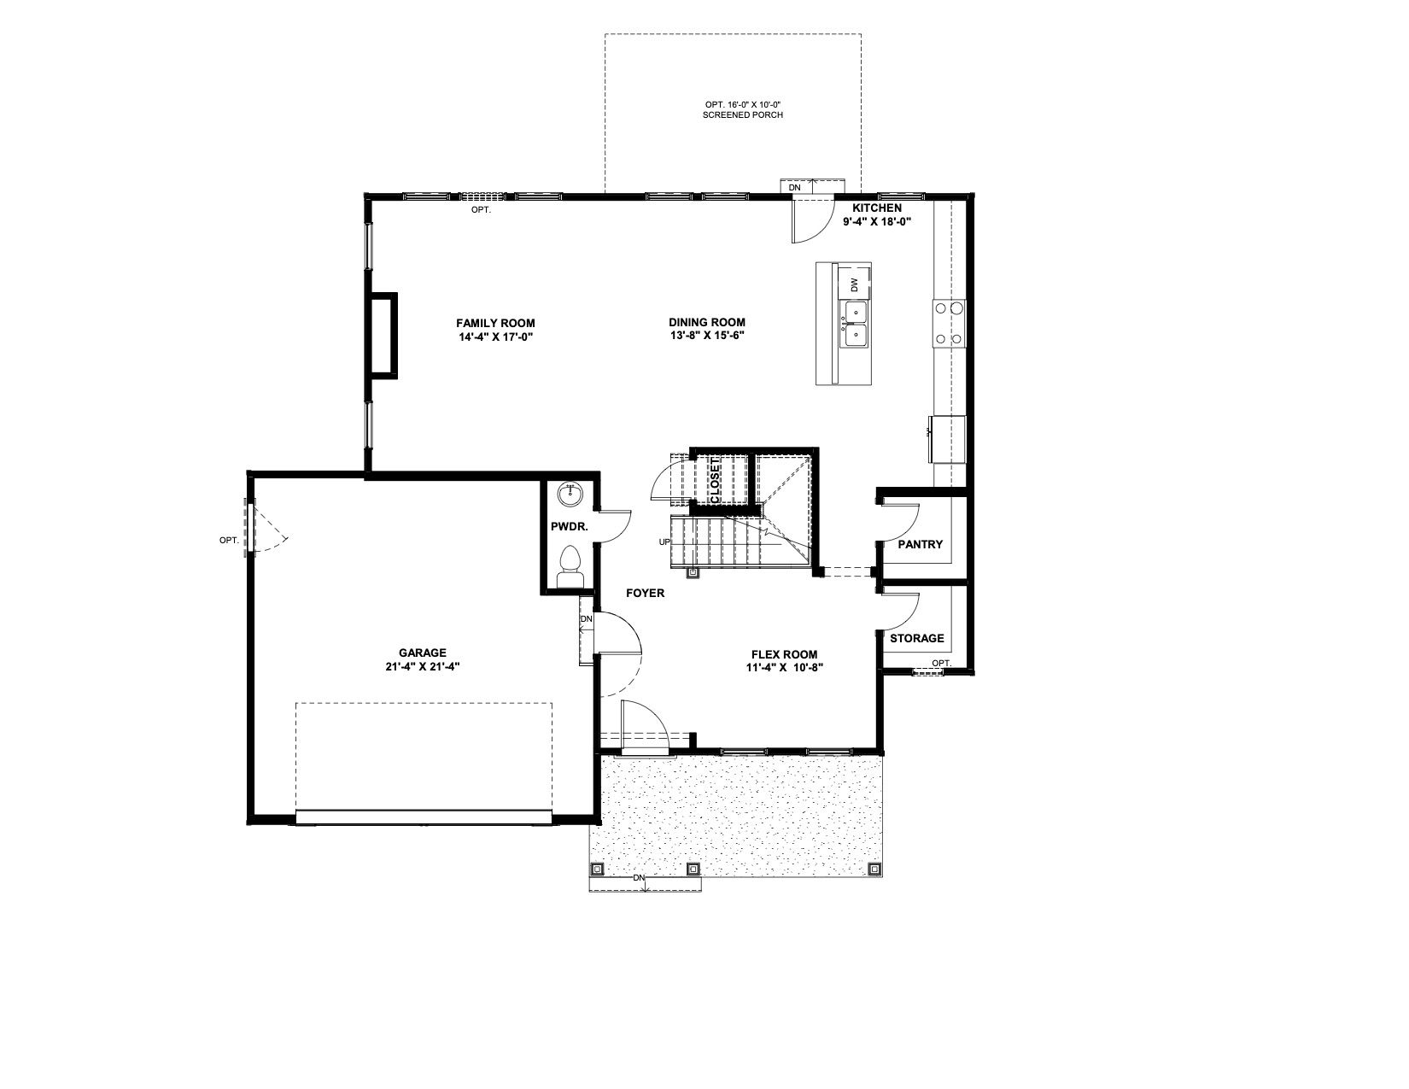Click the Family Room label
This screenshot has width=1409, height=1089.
[x=495, y=323]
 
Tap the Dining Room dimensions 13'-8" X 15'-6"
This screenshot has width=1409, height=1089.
[x=707, y=336]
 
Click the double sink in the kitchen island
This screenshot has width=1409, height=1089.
[x=855, y=325]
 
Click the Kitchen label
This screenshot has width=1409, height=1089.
[x=877, y=208]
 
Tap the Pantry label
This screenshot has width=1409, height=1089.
[x=920, y=545]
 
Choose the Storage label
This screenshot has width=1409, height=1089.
[x=917, y=638]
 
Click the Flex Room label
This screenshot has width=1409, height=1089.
[x=785, y=654]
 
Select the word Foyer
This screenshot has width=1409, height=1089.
[x=646, y=593]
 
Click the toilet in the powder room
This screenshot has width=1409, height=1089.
[x=570, y=567]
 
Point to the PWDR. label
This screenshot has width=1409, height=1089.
[x=570, y=527]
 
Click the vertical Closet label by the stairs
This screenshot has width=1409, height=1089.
[x=715, y=481]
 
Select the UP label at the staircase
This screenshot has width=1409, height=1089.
[x=664, y=542]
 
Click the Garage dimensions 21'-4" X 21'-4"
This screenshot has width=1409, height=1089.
[x=422, y=667]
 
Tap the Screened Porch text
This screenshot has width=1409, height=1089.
[x=743, y=114]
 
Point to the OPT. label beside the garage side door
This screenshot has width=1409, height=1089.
[x=229, y=541]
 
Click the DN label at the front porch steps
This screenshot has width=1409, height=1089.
[x=640, y=877]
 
